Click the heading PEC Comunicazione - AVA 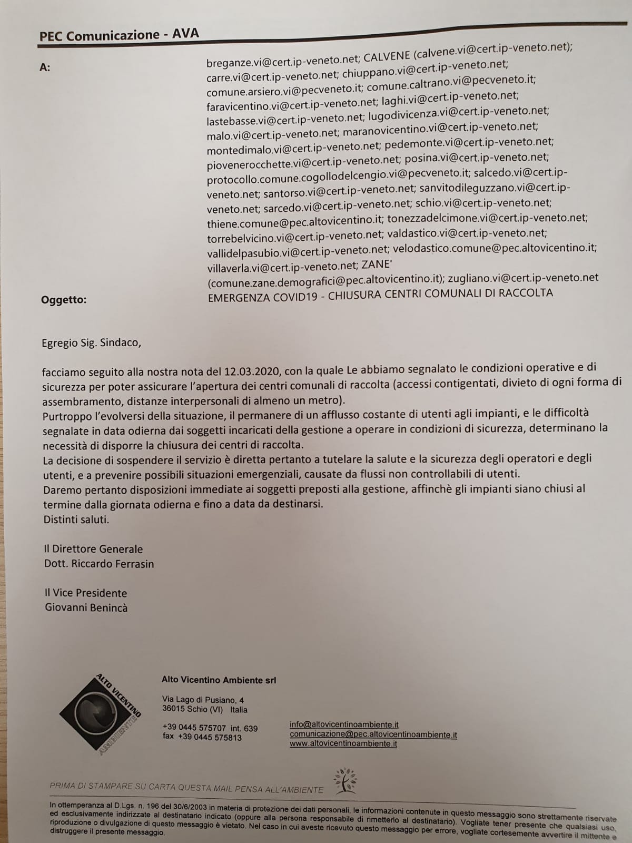pyautogui.click(x=119, y=35)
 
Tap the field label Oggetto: pyautogui.click(x=64, y=300)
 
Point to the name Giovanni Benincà pyautogui.click(x=86, y=607)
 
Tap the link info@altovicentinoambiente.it pyautogui.click(x=344, y=724)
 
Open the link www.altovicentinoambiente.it pyautogui.click(x=343, y=743)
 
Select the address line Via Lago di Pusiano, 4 pyautogui.click(x=203, y=700)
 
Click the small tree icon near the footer pyautogui.click(x=345, y=781)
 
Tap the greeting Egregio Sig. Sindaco pyautogui.click(x=92, y=343)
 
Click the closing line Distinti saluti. pyautogui.click(x=76, y=519)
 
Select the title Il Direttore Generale pyautogui.click(x=93, y=549)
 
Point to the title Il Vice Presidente pyautogui.click(x=85, y=593)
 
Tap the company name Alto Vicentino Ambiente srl pyautogui.click(x=219, y=680)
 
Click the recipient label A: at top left pyautogui.click(x=45, y=67)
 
